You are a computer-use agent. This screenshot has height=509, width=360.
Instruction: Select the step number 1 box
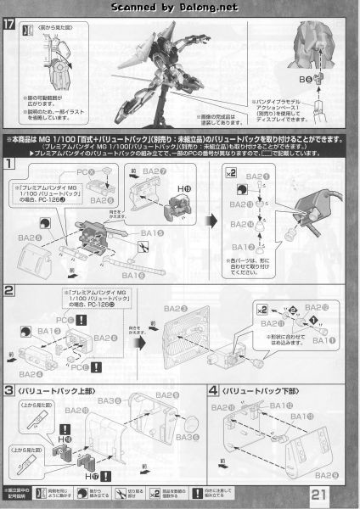click(x=9, y=163)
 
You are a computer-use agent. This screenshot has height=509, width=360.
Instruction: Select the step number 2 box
click(x=9, y=291)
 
